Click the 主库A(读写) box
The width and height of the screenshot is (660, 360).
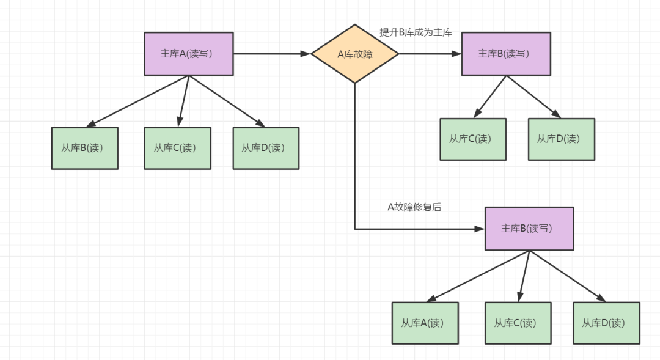pyautogui.click(x=189, y=54)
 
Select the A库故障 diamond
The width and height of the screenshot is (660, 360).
pyautogui.click(x=355, y=54)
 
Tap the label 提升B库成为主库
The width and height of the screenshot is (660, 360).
pyautogui.click(x=416, y=32)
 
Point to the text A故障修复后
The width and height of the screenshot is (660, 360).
pyautogui.click(x=414, y=207)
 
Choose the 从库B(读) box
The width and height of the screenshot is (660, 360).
pyautogui.click(x=84, y=148)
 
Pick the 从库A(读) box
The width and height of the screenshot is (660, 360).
pyautogui.click(x=425, y=323)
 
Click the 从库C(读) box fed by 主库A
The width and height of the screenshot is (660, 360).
pyautogui.click(x=178, y=148)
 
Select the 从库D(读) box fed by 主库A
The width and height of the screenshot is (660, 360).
pyautogui.click(x=266, y=148)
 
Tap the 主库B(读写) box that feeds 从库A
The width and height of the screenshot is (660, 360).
pyautogui.click(x=529, y=229)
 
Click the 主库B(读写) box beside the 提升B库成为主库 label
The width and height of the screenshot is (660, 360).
pyautogui.click(x=506, y=54)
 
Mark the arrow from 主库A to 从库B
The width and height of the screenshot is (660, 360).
pyautogui.click(x=137, y=101)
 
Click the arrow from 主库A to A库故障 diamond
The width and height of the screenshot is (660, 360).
pyautogui.click(x=272, y=54)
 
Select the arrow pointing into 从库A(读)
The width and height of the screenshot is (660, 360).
pyautogui.click(x=478, y=276)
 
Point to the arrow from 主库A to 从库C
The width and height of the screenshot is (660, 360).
pyautogui.click(x=183, y=101)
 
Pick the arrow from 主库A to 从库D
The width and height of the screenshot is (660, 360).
pyautogui.click(x=227, y=101)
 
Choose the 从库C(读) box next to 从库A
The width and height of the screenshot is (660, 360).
pyautogui.click(x=518, y=323)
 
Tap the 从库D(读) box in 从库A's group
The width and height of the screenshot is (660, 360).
pyautogui.click(x=607, y=323)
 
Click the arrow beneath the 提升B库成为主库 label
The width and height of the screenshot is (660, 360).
pyautogui.click(x=430, y=54)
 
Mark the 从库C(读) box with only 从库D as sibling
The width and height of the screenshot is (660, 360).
pyautogui.click(x=473, y=139)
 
